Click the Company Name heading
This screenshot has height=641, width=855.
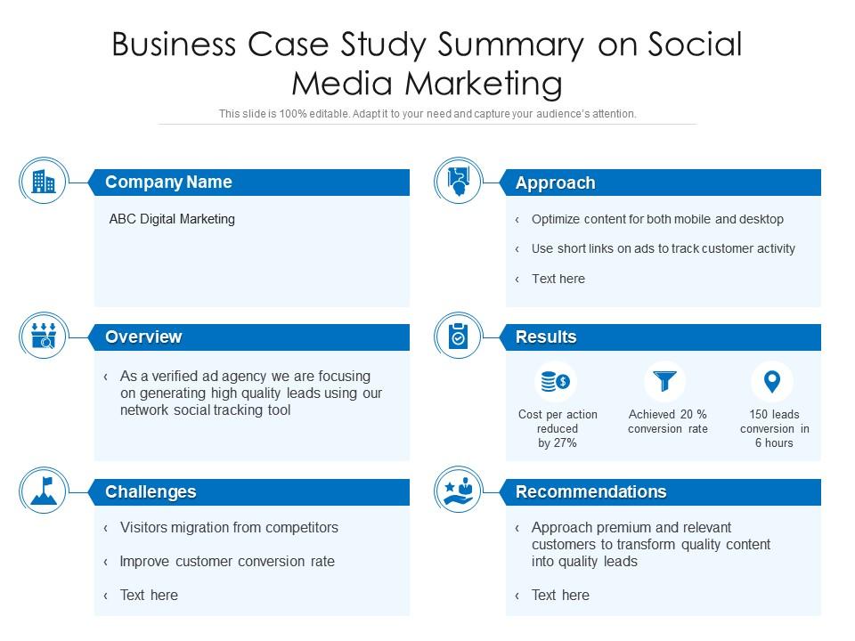(x=168, y=183)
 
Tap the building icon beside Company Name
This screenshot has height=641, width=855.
(x=43, y=182)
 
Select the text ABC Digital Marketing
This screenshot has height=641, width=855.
(x=172, y=219)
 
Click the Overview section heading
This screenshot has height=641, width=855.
(x=143, y=337)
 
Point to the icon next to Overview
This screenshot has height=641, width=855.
(x=43, y=337)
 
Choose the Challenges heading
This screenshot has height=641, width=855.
(x=151, y=492)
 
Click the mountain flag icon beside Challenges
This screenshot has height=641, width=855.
(x=43, y=491)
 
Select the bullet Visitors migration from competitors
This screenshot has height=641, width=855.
(x=229, y=528)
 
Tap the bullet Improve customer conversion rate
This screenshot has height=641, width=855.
(x=227, y=562)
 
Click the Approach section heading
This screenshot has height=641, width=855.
(x=555, y=183)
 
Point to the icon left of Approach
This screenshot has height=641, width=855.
(x=458, y=182)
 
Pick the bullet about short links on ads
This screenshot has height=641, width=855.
(x=663, y=249)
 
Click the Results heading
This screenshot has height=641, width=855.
(x=546, y=337)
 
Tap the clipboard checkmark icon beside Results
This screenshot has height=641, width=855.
(x=458, y=337)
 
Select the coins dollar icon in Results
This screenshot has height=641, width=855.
(x=557, y=382)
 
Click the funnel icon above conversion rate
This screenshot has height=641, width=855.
(x=665, y=382)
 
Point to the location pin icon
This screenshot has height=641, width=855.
(x=772, y=381)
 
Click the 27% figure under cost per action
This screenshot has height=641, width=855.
(x=566, y=443)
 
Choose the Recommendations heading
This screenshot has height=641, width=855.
(x=590, y=492)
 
